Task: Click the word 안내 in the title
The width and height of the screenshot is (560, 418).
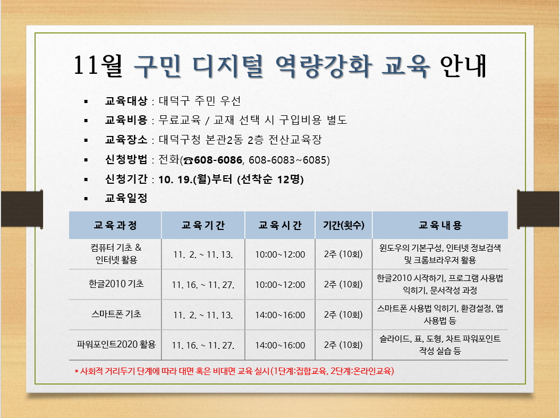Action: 464,66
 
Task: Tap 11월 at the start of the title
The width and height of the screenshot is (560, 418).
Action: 98,66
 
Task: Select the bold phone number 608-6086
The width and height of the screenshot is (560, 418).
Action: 218,160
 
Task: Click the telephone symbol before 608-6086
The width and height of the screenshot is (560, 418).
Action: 188,160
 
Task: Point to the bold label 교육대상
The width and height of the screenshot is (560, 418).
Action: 126,101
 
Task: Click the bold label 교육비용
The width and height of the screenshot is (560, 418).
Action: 126,120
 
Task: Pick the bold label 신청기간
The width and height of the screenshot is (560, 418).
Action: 126,179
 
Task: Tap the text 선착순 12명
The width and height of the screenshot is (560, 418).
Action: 270,179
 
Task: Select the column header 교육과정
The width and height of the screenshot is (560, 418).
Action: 115,225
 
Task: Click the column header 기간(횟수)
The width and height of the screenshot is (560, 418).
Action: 344,225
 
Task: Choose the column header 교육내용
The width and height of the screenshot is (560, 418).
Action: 440,225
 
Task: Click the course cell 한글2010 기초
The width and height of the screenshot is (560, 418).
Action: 116,284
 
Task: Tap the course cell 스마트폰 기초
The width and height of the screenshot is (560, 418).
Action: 116,314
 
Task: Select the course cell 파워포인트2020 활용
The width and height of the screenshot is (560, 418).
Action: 116,345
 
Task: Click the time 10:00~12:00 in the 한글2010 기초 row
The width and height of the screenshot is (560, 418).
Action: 280,285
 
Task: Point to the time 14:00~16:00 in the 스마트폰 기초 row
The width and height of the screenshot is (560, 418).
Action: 280,315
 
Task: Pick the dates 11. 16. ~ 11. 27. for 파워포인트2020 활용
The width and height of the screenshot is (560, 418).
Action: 203,346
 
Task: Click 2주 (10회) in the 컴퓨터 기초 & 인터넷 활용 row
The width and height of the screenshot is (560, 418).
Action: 343,254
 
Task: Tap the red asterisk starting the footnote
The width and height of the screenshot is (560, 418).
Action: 77,372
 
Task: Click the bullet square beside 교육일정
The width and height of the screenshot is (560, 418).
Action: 86,199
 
